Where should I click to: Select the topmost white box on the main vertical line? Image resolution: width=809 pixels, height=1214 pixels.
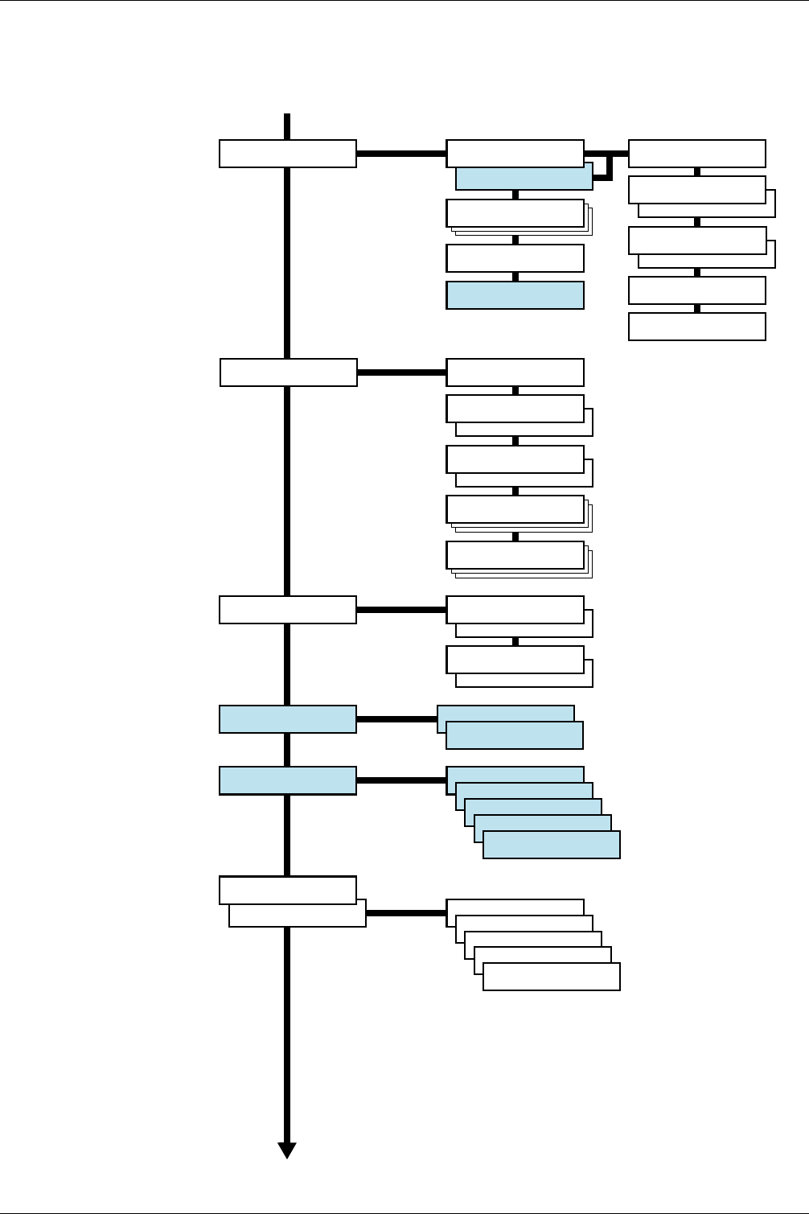point(288,154)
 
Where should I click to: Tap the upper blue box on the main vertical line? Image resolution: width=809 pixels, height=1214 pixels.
point(288,719)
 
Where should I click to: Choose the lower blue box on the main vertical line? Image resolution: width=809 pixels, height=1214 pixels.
point(288,780)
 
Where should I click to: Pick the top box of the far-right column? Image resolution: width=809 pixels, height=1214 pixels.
point(697,154)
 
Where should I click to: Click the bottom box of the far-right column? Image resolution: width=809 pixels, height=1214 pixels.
point(697,327)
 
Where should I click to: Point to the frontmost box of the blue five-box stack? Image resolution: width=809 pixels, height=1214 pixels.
point(552,845)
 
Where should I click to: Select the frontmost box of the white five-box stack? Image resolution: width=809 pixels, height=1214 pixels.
point(552,977)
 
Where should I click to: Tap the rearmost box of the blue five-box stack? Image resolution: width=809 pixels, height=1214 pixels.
point(515,774)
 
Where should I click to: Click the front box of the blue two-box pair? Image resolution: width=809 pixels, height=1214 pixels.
point(515,735)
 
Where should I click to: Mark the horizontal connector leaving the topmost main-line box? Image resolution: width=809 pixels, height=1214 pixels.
point(400,153)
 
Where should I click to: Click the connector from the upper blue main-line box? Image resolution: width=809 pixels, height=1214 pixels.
point(396,719)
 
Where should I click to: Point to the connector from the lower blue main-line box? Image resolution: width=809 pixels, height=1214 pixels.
point(400,780)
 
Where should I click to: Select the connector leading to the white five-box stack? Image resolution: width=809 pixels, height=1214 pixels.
point(406,913)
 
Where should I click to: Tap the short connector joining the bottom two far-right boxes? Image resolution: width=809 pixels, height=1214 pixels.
point(697,308)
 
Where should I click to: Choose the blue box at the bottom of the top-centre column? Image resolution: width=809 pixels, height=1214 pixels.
point(515,295)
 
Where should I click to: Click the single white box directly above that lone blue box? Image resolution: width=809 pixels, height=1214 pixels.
point(515,258)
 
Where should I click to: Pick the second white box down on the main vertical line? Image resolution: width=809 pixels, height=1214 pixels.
point(289,372)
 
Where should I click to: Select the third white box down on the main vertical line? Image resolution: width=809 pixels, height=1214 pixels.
point(288,610)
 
